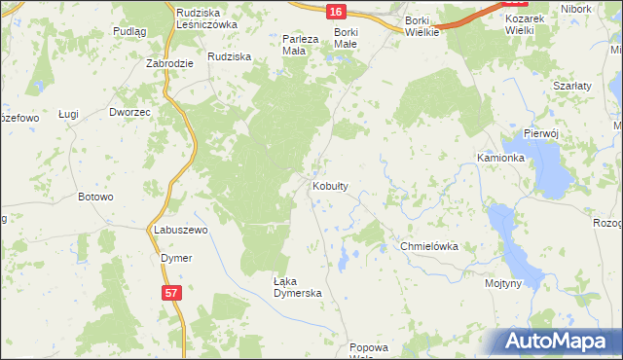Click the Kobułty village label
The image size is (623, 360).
(x=330, y=185)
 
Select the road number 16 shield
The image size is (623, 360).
(x=335, y=11)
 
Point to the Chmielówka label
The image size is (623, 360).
(x=429, y=247)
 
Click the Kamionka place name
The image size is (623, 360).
(x=501, y=157)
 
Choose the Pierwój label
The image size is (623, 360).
(x=538, y=132)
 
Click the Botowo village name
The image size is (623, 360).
(x=96, y=197)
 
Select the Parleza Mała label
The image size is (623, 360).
(x=300, y=44)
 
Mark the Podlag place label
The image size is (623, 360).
(x=129, y=31)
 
